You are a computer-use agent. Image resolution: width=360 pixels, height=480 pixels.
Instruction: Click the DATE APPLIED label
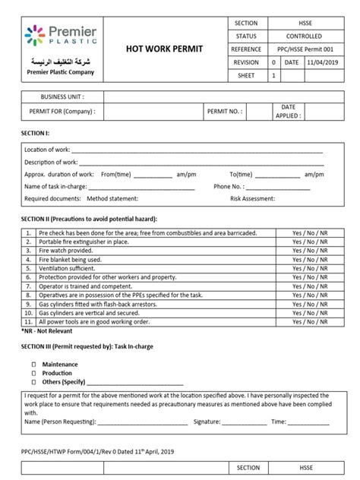(288, 111)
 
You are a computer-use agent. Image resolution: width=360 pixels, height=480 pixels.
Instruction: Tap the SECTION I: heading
(35, 132)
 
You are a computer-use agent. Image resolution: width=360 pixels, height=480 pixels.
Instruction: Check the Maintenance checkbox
(33, 365)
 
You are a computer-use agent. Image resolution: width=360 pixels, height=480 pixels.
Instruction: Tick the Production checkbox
(33, 373)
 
